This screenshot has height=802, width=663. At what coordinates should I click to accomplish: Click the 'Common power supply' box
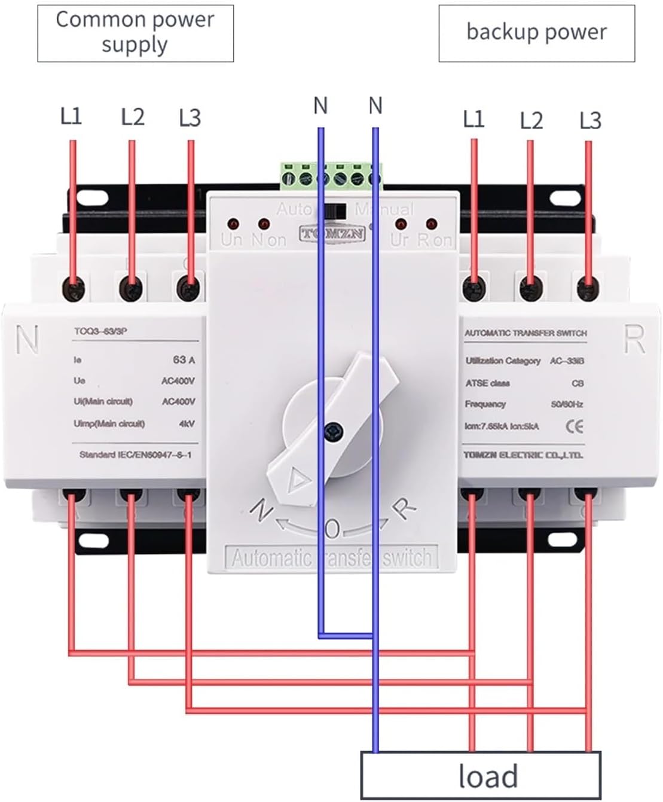[x=135, y=33]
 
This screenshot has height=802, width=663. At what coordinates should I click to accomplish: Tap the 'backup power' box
[x=536, y=33]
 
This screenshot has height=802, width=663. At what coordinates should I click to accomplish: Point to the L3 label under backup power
[x=590, y=120]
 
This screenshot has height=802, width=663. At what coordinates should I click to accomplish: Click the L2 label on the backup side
[x=531, y=120]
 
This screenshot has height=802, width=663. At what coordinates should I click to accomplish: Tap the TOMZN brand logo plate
[x=332, y=233]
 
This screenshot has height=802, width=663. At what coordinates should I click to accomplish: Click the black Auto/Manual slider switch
[x=335, y=211]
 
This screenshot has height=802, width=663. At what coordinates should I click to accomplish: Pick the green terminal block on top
[x=331, y=176]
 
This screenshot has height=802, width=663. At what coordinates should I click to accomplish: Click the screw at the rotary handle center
[x=332, y=430]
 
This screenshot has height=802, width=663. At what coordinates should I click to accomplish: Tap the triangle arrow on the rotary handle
[x=297, y=479]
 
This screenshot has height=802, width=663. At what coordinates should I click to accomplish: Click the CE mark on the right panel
[x=574, y=426]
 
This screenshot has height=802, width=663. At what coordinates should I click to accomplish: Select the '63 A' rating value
[x=184, y=359]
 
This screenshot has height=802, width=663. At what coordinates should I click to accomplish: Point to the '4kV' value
[x=187, y=423]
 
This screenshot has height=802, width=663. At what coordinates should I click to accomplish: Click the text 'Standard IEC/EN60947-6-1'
[x=135, y=455]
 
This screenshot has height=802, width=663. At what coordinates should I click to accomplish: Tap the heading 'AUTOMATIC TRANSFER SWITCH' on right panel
[x=525, y=333]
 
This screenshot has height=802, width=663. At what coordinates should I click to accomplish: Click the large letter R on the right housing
[x=634, y=339]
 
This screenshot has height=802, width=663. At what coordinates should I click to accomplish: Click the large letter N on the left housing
[x=28, y=339]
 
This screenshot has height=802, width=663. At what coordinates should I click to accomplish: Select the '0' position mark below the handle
[x=332, y=529]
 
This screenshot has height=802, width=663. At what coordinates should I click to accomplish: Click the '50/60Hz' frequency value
[x=567, y=404]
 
